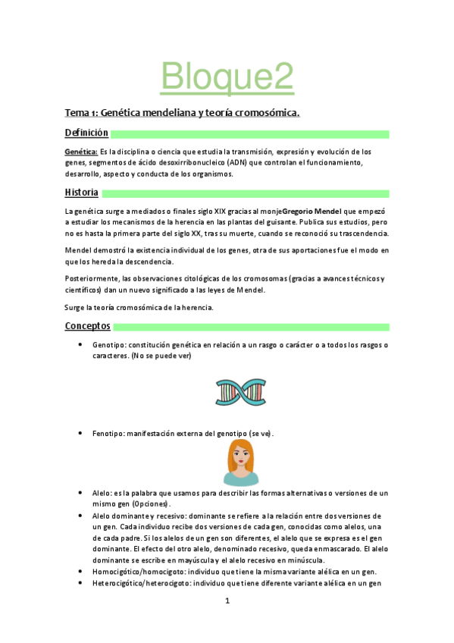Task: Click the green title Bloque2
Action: [x=227, y=76]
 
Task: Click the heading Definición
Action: [x=86, y=133]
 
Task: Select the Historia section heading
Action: [x=81, y=193]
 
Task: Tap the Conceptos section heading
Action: [x=87, y=326]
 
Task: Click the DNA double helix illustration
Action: [x=240, y=391]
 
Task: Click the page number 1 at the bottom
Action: [x=227, y=601]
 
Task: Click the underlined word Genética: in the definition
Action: [x=81, y=152]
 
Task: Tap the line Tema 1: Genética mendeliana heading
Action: [x=182, y=113]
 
